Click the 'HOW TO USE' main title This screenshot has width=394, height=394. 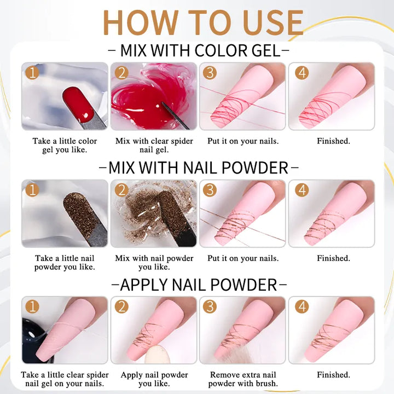203,22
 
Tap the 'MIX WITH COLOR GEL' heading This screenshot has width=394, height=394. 200,50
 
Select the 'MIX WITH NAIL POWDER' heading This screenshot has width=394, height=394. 198,167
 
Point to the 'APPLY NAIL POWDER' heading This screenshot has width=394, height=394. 199,285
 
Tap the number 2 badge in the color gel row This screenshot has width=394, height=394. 121,73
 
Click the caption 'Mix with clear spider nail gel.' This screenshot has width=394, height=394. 154,145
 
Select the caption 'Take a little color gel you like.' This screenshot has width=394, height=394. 65,145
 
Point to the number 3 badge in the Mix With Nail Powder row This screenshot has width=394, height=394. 210,190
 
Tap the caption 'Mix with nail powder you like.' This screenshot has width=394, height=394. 154,262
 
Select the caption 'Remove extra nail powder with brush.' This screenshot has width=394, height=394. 243,379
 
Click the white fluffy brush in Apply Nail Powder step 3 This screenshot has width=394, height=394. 236,355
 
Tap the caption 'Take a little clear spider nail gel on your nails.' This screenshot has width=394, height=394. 65,379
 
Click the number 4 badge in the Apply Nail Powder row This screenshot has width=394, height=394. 302,306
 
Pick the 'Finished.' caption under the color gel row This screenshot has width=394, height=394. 333,141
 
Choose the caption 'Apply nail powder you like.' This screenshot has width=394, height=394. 154,379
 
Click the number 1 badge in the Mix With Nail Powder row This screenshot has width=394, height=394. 32,190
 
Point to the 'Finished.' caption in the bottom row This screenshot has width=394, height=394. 333,375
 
